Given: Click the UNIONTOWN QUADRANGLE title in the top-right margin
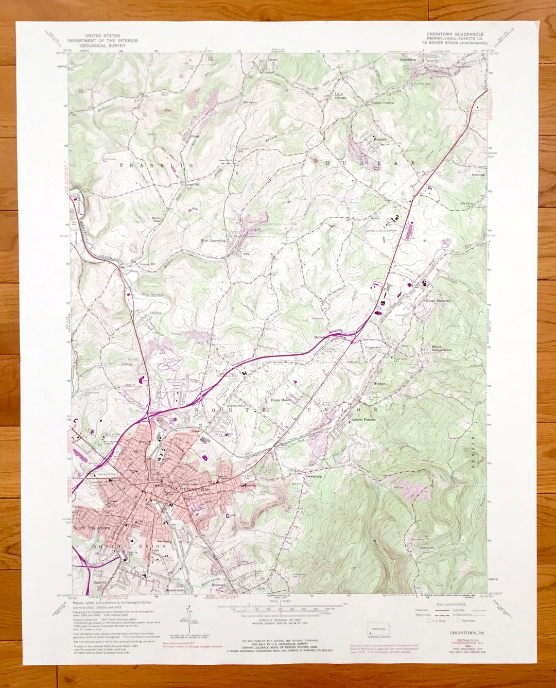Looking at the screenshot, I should (x=455, y=34).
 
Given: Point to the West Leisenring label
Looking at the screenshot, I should (x=213, y=240).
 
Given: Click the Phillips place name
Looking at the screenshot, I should (x=156, y=313).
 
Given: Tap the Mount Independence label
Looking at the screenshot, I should (x=441, y=349).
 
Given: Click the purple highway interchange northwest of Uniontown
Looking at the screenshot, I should (x=149, y=412).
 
